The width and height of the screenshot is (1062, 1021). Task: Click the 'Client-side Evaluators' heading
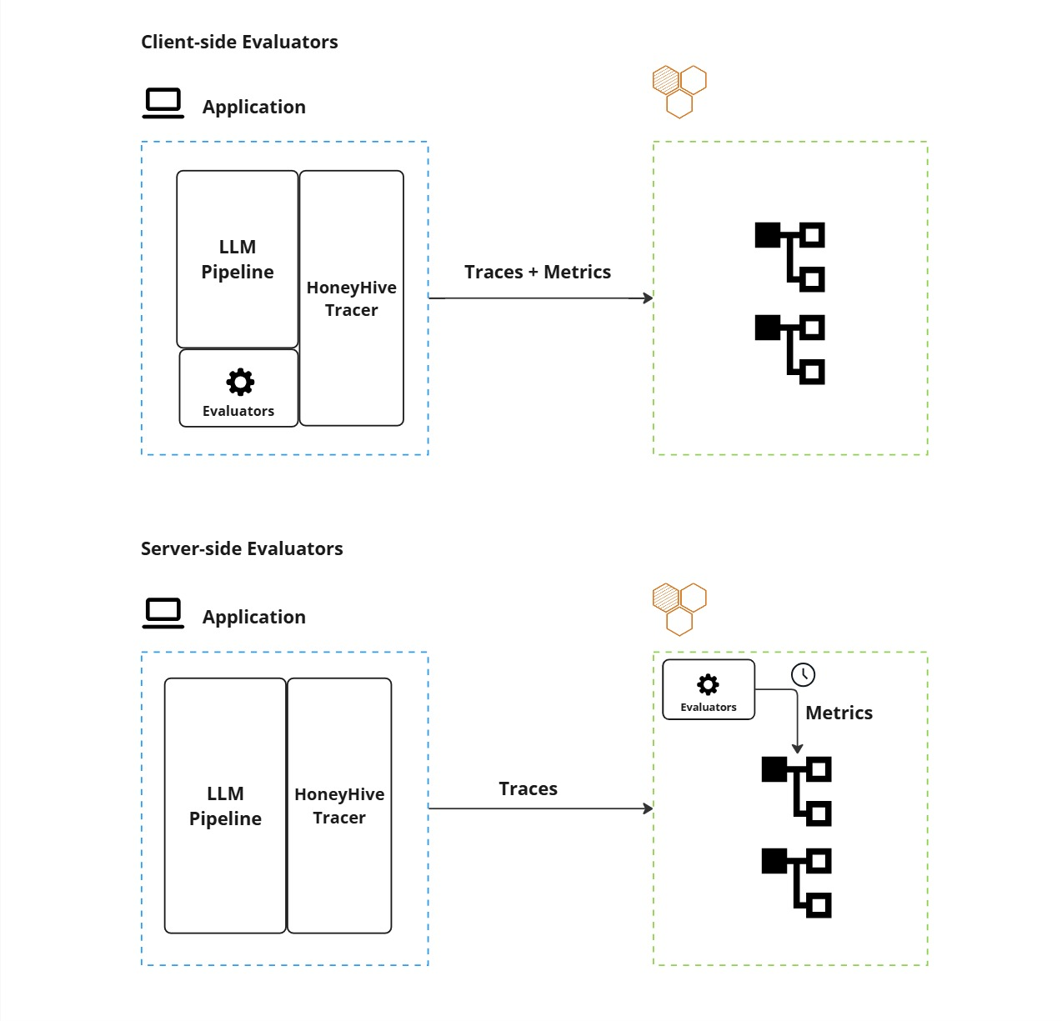[239, 42]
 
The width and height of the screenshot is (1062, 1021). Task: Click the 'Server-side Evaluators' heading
[242, 548]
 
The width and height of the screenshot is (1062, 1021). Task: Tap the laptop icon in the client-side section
[163, 103]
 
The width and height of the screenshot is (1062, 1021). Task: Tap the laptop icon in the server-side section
[163, 613]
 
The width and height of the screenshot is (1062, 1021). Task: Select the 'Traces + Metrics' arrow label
[538, 272]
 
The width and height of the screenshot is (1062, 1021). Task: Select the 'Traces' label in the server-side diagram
[528, 788]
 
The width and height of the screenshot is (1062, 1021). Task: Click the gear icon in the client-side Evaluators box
[240, 383]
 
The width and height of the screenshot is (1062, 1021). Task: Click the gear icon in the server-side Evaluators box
[708, 685]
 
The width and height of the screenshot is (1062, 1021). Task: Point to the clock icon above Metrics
[803, 674]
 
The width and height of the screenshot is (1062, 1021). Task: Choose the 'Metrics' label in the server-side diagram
[839, 713]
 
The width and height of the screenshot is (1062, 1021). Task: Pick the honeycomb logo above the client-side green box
[679, 91]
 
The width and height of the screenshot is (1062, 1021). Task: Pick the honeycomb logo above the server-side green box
[679, 609]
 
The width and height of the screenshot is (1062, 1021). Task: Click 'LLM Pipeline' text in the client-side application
[238, 259]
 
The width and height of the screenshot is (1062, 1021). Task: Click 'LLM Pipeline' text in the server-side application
[225, 806]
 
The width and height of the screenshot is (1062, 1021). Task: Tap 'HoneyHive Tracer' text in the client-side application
[351, 298]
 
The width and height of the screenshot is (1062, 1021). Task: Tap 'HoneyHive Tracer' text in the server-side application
[339, 806]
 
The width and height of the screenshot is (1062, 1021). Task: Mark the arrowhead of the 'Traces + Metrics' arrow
[648, 298]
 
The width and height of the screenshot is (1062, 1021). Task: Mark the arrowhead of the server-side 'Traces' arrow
[648, 808]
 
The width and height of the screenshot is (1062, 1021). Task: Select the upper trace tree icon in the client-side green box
[789, 257]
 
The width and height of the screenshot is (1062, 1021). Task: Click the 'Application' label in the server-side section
[253, 617]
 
